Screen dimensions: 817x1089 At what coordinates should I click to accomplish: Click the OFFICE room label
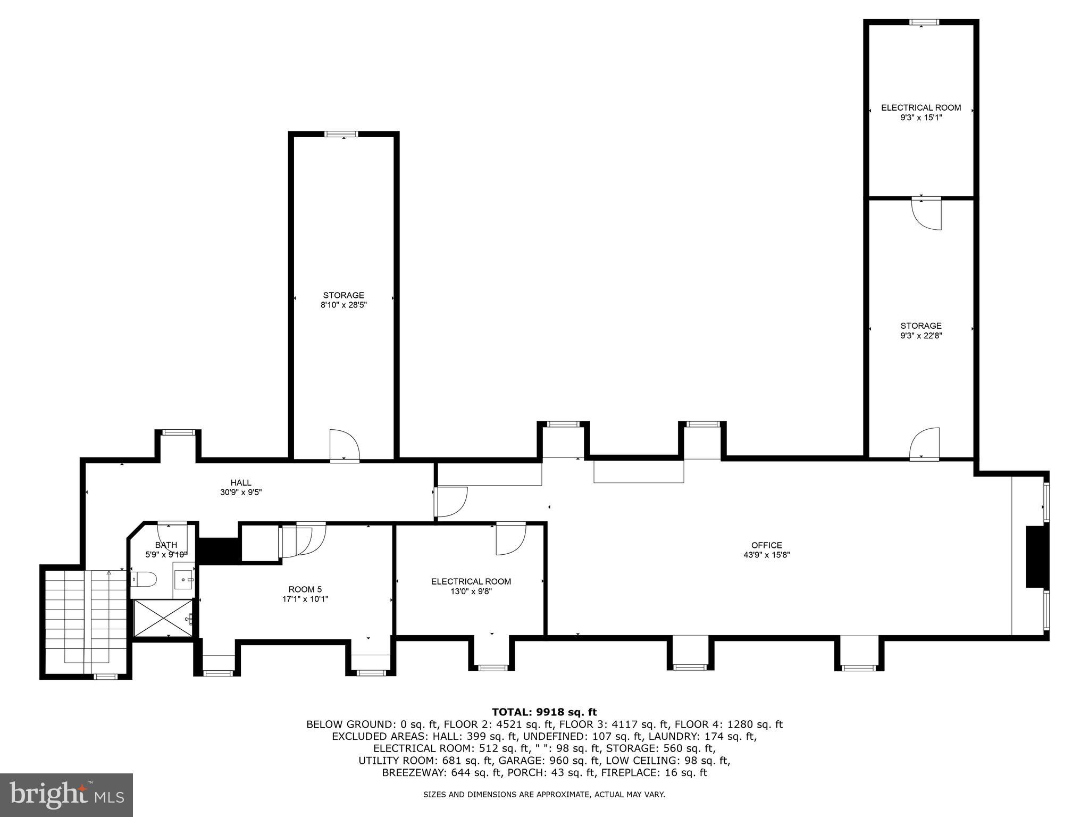(766, 545)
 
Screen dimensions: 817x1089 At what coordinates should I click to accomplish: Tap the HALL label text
(241, 482)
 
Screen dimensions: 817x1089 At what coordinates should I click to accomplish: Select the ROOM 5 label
(305, 589)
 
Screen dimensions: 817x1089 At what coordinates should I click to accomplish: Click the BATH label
(166, 545)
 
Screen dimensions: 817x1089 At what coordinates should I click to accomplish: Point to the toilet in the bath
(144, 579)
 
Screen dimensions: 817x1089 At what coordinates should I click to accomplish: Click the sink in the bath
(184, 579)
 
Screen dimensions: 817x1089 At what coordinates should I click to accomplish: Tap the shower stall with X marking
(163, 617)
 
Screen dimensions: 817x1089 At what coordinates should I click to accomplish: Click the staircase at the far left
(85, 620)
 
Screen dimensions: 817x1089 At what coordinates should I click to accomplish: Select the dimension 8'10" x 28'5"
(344, 305)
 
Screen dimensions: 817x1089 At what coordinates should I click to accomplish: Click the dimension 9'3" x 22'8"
(921, 336)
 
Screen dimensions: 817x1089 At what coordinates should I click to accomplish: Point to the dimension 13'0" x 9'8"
(471, 591)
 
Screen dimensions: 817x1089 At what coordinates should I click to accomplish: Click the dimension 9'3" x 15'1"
(921, 118)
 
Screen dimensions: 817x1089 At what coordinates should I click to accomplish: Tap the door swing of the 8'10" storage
(345, 446)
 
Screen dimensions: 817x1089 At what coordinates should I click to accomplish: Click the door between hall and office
(451, 502)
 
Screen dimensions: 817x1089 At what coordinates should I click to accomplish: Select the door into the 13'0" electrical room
(510, 538)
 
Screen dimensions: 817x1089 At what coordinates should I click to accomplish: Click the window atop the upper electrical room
(924, 22)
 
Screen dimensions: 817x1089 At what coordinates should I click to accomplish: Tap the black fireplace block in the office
(1035, 556)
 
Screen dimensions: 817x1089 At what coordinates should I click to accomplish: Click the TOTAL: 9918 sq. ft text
(544, 712)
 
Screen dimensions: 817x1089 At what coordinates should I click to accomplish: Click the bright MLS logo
(66, 795)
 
